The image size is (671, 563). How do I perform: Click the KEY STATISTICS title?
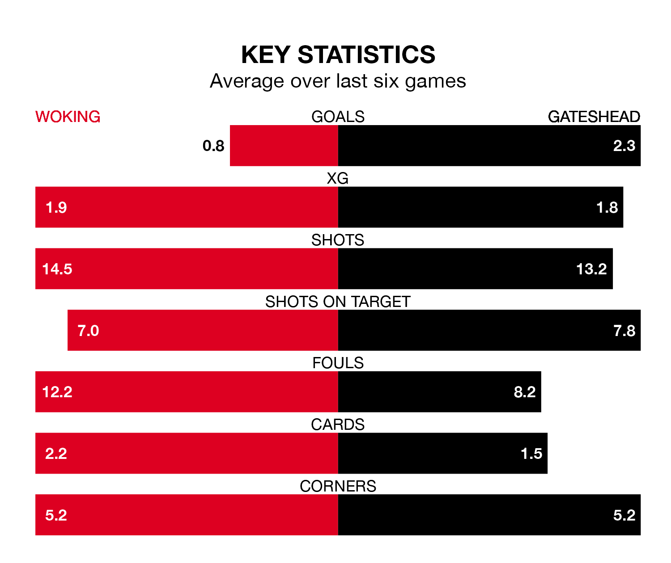338,55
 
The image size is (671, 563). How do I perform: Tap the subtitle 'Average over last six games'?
338,81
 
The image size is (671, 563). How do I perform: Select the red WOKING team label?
68,117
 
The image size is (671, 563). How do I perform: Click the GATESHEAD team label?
594,117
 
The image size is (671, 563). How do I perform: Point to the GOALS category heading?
338,117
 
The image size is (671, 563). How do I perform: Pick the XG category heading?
338,178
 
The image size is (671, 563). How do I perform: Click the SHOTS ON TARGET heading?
338,302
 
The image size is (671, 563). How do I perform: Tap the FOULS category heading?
338,363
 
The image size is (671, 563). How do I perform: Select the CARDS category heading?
338,424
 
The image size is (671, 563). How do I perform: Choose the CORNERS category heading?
338,486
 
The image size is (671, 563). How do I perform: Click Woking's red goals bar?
284,146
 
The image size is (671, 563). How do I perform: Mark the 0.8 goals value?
213,146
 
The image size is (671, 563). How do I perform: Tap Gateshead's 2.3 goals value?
624,146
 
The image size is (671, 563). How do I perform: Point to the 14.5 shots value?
57,269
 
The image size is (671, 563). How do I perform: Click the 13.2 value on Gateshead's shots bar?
591,269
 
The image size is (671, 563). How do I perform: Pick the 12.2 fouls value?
57,392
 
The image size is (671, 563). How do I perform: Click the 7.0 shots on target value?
88,331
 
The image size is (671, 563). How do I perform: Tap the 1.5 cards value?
531,454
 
